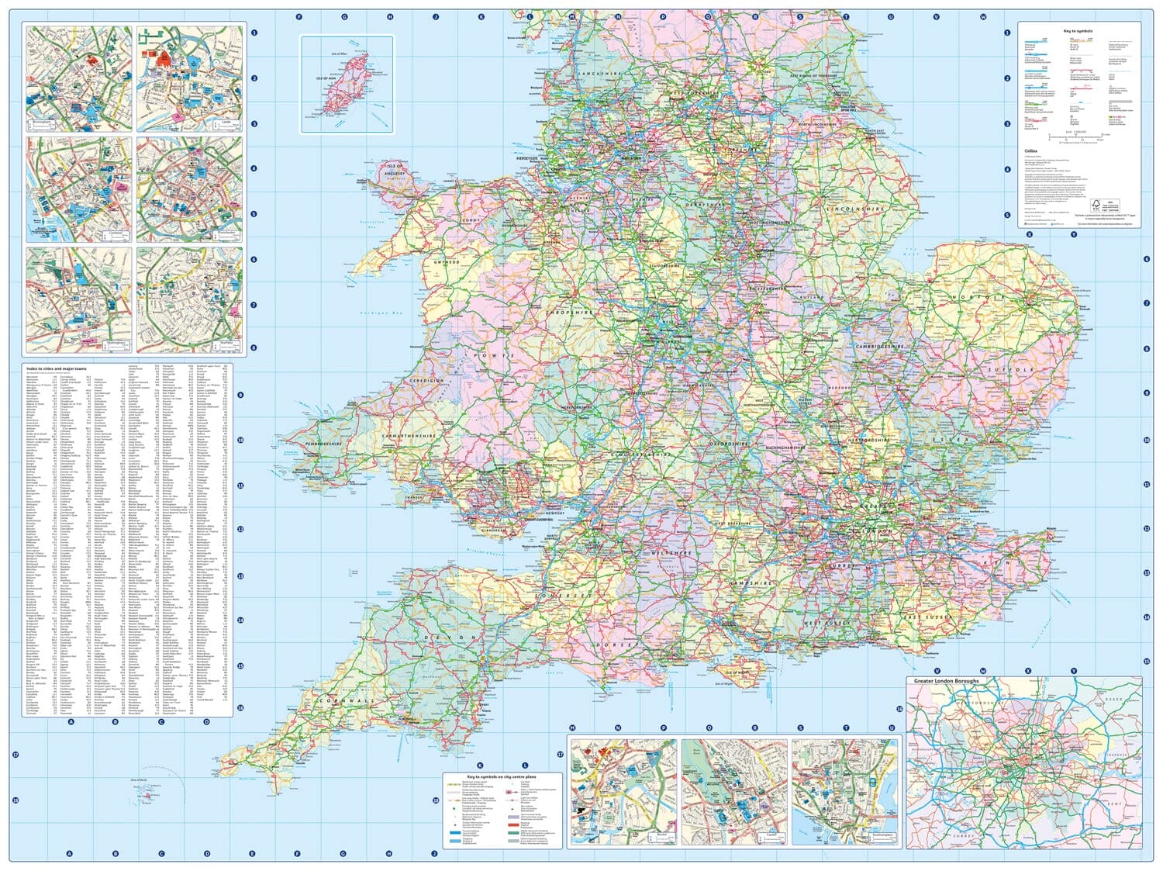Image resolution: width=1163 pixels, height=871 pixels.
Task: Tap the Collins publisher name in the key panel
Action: tap(1030, 151)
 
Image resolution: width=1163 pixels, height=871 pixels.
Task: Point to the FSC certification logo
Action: tap(1096, 206)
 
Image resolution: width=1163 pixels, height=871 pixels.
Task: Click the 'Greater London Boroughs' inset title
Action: tap(946, 681)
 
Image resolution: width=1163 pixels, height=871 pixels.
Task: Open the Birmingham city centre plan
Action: tap(78, 78)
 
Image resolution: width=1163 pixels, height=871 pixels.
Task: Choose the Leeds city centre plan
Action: tap(188, 78)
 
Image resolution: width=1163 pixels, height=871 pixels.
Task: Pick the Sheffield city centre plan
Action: tap(188, 298)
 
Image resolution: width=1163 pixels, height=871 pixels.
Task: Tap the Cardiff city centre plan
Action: tap(733, 791)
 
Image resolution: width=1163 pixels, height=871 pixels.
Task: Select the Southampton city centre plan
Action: tap(846, 791)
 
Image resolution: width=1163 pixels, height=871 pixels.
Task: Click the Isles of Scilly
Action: tap(147, 794)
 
